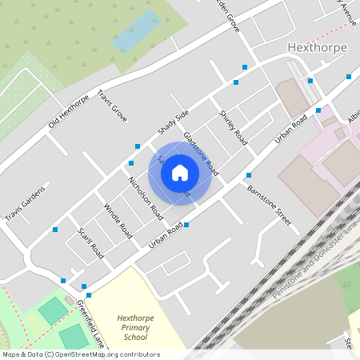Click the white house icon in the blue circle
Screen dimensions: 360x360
click(180, 173)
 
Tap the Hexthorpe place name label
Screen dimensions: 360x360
click(317, 47)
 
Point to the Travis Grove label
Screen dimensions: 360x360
click(113, 107)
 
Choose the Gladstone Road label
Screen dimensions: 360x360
click(201, 154)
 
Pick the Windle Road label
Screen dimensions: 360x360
click(118, 220)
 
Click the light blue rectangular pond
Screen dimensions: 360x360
click(134, 30)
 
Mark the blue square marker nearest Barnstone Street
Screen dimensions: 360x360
click(249, 175)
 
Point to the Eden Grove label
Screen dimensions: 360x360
click(225, 13)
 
